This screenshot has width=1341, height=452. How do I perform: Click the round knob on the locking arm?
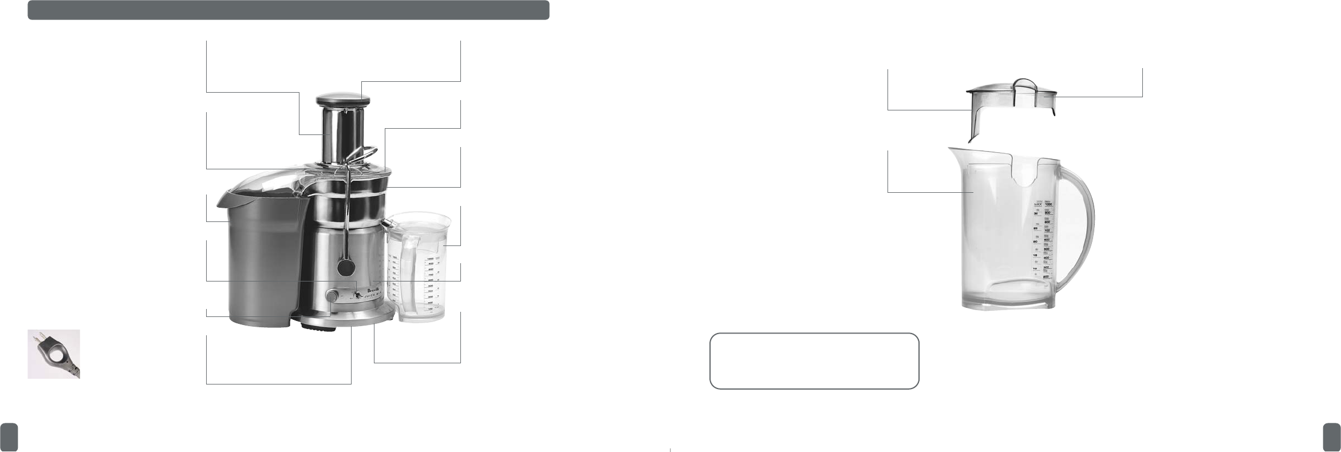pyautogui.click(x=345, y=267)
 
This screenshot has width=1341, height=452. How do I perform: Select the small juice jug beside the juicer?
pyautogui.click(x=416, y=266)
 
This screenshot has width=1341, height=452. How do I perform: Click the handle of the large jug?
pyautogui.click(x=1079, y=229)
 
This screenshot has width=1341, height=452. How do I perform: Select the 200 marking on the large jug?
pyautogui.click(x=1046, y=276)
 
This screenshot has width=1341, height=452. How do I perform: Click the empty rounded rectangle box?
pyautogui.click(x=814, y=361)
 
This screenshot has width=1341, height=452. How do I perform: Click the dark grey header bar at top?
pyautogui.click(x=289, y=10)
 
